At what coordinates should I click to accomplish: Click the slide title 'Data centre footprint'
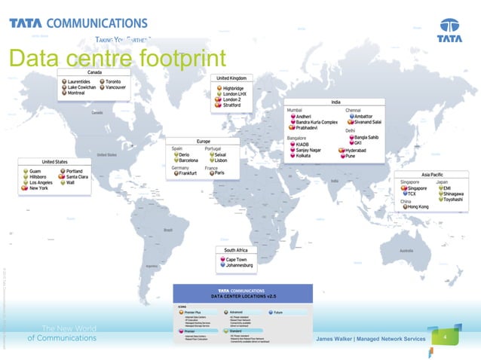coord(117,57)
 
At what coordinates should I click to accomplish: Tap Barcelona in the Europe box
coord(188,160)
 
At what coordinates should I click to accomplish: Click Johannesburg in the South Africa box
coord(241,266)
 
